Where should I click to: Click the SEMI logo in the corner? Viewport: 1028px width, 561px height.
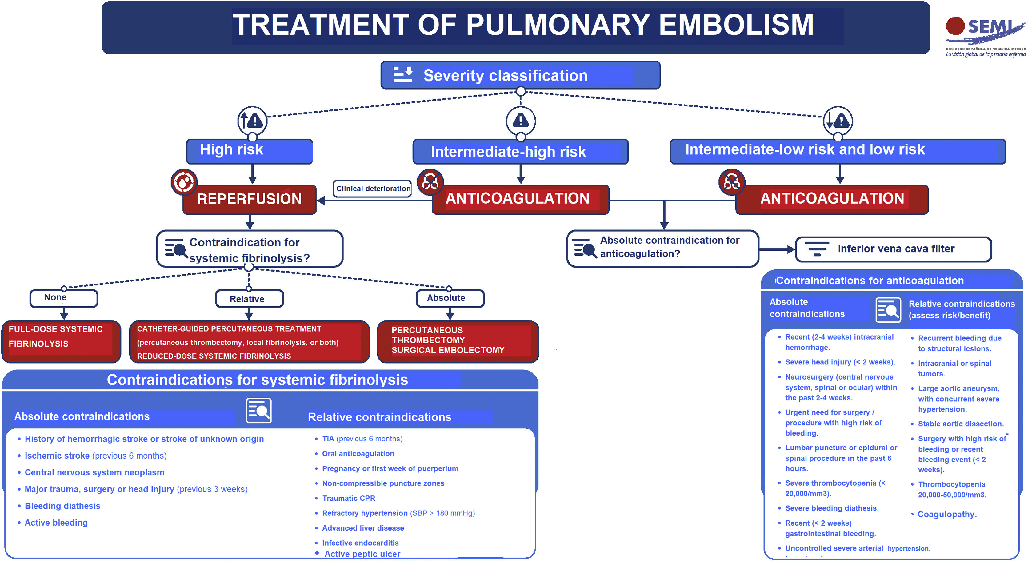coord(985,35)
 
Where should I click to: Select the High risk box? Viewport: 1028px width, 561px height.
coord(250,151)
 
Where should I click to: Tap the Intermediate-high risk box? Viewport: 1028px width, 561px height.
coord(520,152)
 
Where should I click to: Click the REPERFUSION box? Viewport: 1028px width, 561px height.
coord(250,199)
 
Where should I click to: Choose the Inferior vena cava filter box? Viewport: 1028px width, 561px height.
coord(893,249)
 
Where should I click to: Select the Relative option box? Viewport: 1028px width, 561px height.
coord(249,299)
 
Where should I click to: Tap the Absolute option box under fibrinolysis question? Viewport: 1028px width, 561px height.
coord(450,298)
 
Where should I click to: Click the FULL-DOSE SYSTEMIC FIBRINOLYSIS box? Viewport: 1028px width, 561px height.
coord(61,341)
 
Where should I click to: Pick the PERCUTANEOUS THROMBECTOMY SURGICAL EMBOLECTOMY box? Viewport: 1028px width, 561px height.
coord(458,341)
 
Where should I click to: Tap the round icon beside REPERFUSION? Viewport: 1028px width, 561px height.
coord(184,182)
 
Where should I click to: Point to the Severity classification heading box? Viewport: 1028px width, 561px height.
coord(520,75)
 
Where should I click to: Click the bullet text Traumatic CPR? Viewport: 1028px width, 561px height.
coord(348,498)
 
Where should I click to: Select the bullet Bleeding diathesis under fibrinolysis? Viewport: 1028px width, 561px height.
coord(62,506)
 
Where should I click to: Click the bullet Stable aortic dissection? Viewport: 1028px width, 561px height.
coord(960,424)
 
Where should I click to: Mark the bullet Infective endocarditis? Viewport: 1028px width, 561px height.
coord(360,543)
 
